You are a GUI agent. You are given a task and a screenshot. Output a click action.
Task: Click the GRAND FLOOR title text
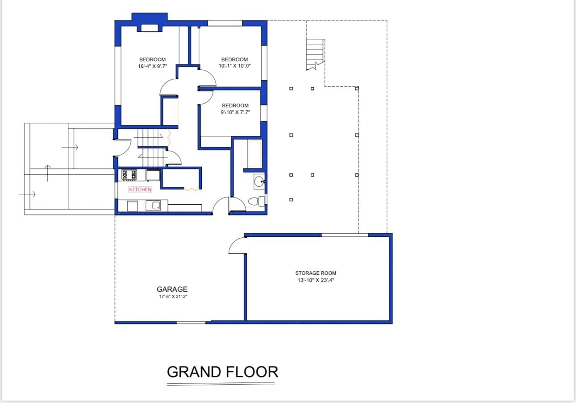[222, 372]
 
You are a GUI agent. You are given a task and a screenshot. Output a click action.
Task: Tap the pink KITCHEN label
[140, 190]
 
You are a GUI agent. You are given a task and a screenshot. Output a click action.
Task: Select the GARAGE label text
[172, 289]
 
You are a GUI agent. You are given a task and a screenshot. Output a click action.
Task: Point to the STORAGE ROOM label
[316, 273]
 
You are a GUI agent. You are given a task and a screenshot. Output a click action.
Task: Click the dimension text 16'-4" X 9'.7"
[153, 66]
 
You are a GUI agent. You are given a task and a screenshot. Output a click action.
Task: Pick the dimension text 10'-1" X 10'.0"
[234, 66]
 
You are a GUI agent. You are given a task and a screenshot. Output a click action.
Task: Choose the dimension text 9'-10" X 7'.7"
[235, 112]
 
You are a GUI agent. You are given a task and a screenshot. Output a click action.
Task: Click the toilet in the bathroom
[256, 201]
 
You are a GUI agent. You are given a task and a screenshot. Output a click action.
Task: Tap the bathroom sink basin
[259, 182]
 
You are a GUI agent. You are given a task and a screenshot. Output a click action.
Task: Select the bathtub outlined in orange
[255, 154]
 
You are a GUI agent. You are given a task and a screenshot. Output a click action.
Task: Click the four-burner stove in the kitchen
[129, 175]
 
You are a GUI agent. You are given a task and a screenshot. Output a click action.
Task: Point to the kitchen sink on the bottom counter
[153, 206]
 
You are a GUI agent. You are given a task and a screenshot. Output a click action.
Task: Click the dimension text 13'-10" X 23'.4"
[316, 280]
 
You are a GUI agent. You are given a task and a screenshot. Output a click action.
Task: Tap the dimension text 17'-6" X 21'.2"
[173, 297]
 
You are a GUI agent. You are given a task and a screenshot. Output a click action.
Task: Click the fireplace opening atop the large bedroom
[150, 28]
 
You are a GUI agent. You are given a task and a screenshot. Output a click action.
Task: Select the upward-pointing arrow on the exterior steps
[48, 173]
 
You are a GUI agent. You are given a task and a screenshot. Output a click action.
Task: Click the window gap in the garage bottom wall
[191, 323]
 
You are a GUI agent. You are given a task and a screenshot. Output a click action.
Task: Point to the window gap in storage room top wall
[345, 235]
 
